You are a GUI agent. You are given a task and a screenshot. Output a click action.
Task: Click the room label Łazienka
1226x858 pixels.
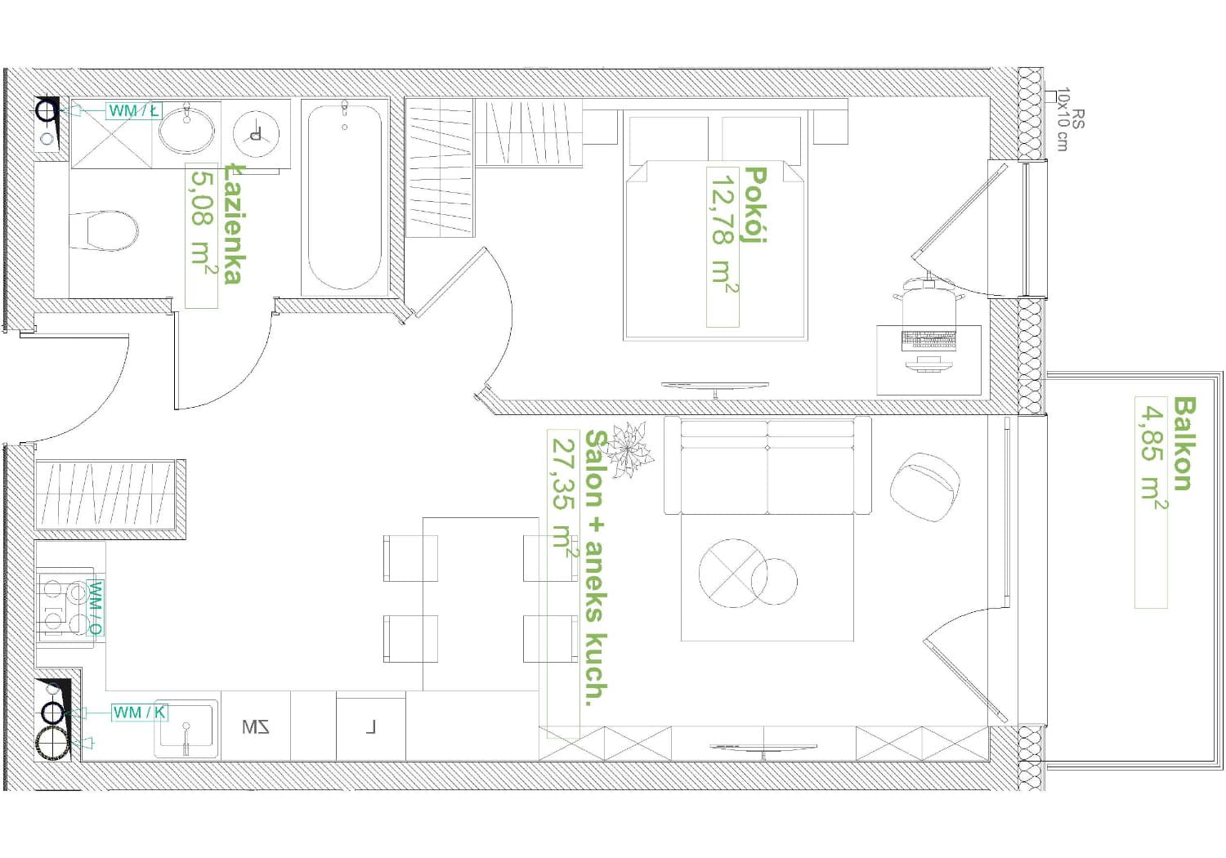pos(233,224)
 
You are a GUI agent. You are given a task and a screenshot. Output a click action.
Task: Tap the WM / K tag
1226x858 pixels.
pos(139,713)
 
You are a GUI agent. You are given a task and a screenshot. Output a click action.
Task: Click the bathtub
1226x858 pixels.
pos(344,197)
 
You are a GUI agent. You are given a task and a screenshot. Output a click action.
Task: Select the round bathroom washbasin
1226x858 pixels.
pos(186,131)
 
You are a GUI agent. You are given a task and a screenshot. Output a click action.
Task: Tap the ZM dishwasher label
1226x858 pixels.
pos(256,727)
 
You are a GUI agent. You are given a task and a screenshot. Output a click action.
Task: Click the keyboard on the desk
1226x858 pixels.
pos(928,340)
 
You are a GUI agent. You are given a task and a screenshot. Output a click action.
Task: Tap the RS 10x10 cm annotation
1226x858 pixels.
pos(1070,119)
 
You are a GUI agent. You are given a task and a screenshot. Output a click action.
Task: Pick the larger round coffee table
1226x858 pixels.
pos(733,573)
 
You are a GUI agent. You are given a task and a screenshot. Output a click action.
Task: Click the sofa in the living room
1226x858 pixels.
pos(767,466)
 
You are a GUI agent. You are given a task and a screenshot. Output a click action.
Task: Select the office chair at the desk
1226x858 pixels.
pos(928,302)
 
